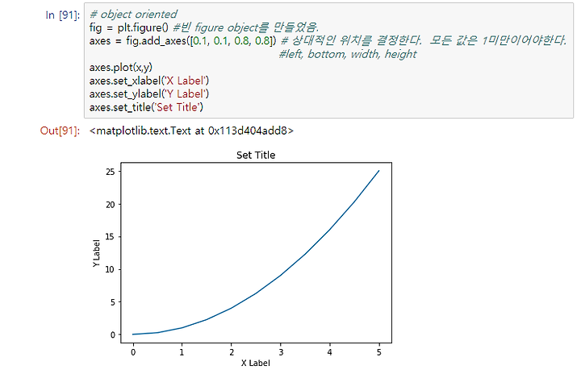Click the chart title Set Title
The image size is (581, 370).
coord(256,155)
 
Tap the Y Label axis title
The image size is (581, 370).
coord(96,253)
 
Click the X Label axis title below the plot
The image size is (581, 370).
coord(256,363)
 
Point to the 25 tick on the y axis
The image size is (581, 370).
coord(111,172)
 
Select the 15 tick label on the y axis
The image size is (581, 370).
coord(111,237)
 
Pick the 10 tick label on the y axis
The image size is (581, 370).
coord(111,269)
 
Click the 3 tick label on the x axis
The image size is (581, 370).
coord(281,352)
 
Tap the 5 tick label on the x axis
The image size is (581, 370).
coord(378,352)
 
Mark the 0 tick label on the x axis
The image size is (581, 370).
coord(133,352)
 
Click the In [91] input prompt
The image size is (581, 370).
coord(62,15)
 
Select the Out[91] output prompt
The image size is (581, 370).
coord(60,131)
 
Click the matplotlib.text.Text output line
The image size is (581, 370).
coord(191,131)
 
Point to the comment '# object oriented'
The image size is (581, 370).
coord(133,14)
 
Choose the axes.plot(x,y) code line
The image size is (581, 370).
coord(121,68)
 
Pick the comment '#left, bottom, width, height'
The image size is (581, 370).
coord(348,54)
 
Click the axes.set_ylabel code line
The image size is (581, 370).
coord(149,94)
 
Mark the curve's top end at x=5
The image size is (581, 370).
coord(378,171)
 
